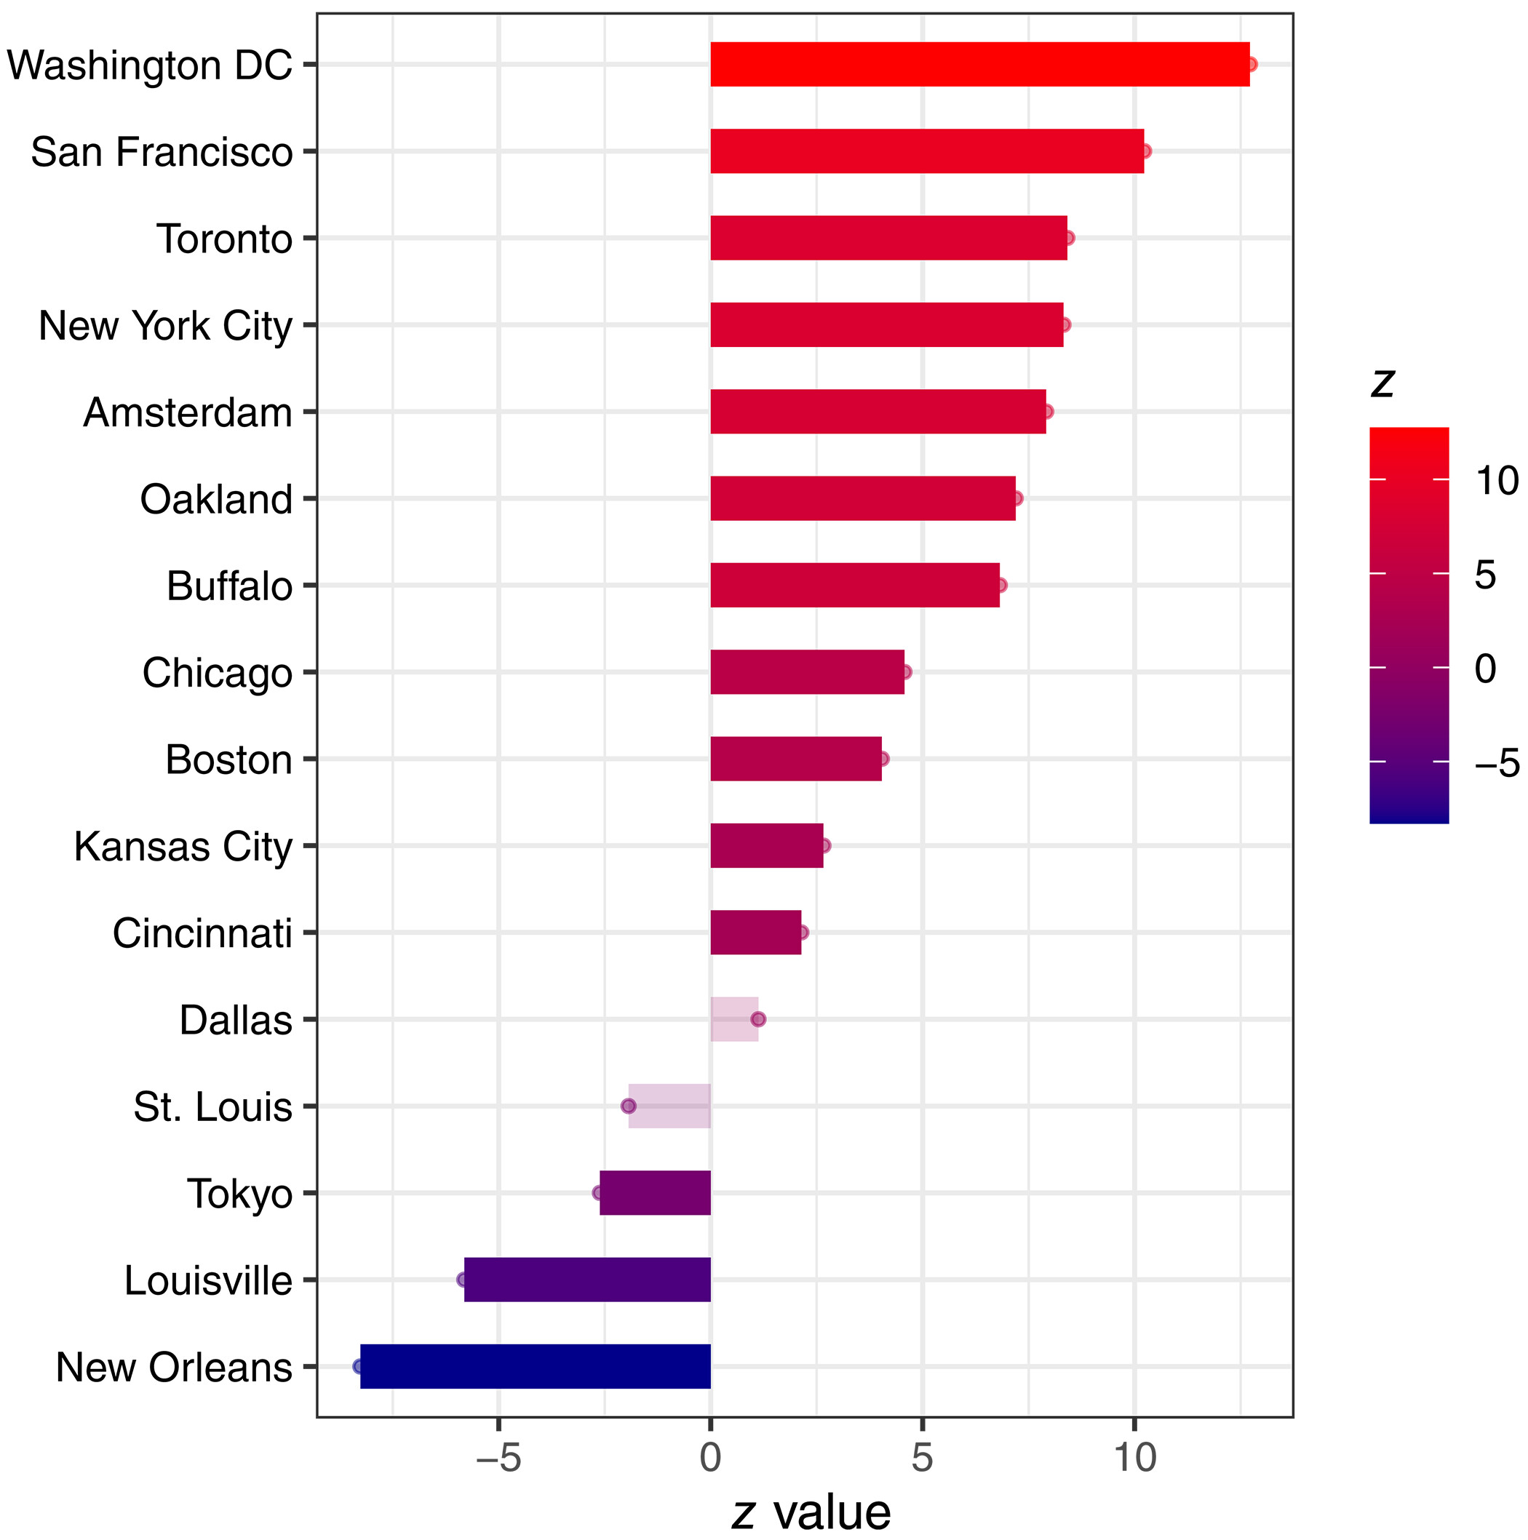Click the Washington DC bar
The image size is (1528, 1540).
coord(979,65)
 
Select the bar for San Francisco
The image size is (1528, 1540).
coord(927,151)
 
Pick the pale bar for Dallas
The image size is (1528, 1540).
coord(733,1019)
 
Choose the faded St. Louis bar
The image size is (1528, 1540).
coord(669,1106)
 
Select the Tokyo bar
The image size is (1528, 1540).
coord(655,1193)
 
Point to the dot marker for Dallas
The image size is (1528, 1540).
coord(758,1019)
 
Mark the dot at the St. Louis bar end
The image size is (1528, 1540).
coord(629,1106)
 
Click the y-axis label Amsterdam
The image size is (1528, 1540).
coord(188,413)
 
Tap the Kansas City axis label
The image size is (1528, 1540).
coord(183,847)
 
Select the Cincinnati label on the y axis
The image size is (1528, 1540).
coord(202,933)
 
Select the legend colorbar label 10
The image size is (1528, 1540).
coord(1497,482)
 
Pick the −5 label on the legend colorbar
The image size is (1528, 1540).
coord(1497,764)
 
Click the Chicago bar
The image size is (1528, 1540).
coord(807,672)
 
